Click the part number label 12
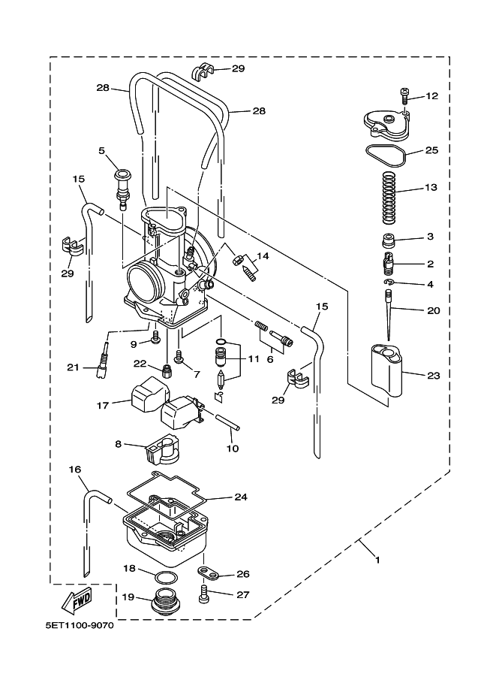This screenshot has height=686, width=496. pos(431,96)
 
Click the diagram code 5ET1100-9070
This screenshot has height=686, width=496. pos(77,627)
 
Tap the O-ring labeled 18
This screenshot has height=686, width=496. pos(166,577)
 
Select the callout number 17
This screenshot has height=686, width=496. pos(102,405)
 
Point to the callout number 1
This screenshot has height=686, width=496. pos(377,560)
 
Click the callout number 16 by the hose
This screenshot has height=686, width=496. pos(75,470)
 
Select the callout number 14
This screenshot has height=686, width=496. pos(263,256)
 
